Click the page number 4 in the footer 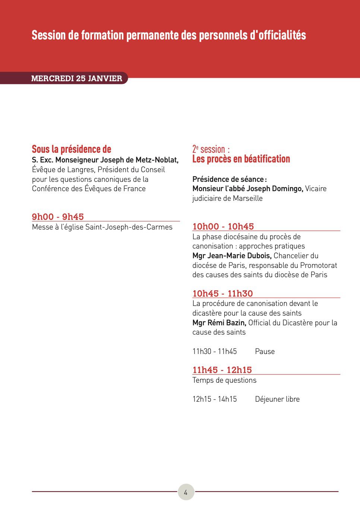point(186,492)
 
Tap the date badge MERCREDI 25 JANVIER point(77,78)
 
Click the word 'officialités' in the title point(282,35)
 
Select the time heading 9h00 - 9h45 point(58,217)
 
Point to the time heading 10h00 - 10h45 point(223,227)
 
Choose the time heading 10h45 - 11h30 point(222,294)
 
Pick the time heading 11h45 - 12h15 point(222,370)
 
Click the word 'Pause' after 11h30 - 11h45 point(265,351)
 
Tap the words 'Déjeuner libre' point(277,399)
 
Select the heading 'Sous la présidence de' point(72,149)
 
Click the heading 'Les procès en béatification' point(241,159)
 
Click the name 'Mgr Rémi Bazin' point(219,323)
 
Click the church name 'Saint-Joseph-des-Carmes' point(129,227)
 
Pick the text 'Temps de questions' point(224,380)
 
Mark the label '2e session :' point(211,149)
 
